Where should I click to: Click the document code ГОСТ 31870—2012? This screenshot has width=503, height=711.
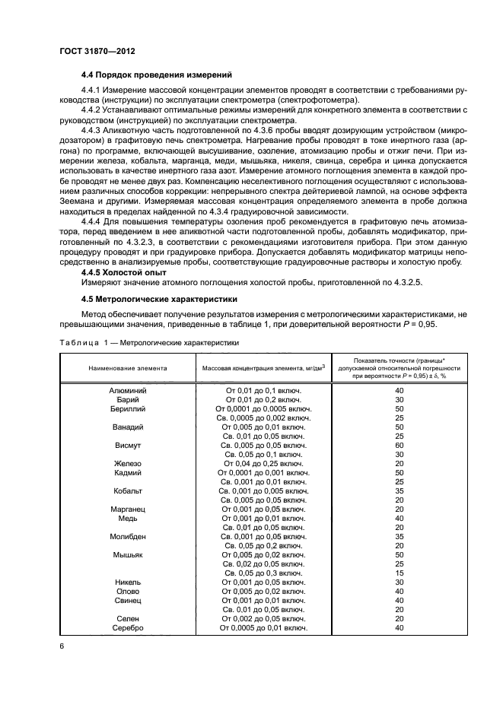pos(91,51)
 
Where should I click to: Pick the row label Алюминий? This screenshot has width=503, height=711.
pos(128,390)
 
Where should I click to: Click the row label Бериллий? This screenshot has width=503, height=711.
pos(128,408)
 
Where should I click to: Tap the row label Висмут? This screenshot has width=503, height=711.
pos(128,445)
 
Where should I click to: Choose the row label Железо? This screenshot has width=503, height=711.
pos(128,463)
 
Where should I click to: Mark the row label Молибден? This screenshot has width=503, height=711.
pos(128,537)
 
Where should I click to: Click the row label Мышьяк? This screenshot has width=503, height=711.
pos(128,555)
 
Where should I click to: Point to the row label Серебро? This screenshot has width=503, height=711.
pos(128,628)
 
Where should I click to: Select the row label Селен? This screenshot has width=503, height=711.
pos(128,619)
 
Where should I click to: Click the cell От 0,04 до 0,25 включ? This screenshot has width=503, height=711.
pos(263,463)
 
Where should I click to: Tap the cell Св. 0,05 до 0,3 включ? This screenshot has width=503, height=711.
pos(263,573)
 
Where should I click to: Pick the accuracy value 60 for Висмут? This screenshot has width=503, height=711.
pos(400,445)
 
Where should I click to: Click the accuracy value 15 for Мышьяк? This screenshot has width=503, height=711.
pos(400,573)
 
